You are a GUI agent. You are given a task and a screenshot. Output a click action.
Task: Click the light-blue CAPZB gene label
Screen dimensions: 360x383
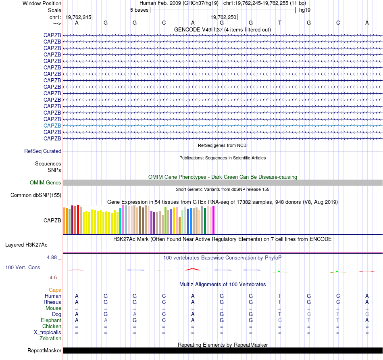[x=52, y=126]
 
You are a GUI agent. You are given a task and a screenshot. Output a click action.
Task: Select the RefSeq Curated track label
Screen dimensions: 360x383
[x=43, y=151]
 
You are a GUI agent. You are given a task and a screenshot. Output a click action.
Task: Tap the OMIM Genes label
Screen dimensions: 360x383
[x=46, y=183]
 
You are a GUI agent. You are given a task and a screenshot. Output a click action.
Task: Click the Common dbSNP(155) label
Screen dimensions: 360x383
[x=35, y=195]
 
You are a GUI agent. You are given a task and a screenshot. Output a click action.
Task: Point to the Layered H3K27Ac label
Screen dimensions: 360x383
[x=26, y=245]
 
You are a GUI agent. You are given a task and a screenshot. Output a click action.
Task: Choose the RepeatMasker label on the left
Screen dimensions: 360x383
[x=44, y=350]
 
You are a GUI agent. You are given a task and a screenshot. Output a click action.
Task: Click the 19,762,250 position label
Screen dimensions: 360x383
[x=223, y=17]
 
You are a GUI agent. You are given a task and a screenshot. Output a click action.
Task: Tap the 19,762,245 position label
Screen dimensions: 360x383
[x=78, y=17]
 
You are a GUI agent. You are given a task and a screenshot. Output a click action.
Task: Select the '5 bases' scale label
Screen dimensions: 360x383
[x=139, y=10]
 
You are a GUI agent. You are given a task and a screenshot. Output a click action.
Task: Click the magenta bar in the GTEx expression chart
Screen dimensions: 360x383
[x=213, y=220]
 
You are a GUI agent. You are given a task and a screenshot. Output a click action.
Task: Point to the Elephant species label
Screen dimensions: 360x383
[x=51, y=320]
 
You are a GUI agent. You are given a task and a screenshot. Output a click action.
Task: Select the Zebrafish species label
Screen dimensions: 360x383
[x=51, y=339]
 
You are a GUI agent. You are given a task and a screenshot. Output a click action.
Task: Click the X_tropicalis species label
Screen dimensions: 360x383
[x=48, y=333]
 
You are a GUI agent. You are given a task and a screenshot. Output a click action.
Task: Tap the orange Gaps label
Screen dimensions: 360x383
[x=55, y=290]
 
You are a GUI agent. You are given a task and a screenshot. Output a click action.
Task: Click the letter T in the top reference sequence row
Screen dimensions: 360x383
[x=280, y=23]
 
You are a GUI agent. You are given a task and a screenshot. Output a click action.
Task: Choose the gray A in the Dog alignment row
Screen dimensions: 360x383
[x=135, y=314]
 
